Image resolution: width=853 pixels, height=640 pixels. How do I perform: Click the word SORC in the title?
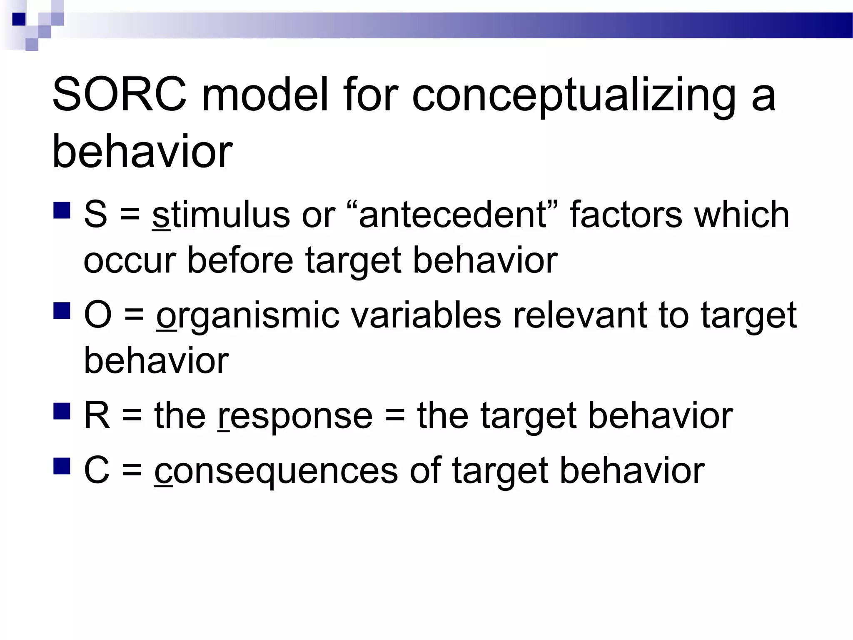120,95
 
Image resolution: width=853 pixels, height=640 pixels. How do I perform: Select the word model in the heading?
265,95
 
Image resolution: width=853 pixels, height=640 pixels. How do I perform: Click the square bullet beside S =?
62,210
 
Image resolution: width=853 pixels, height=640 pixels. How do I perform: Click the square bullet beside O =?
62,310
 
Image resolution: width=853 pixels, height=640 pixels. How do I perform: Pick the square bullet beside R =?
62,411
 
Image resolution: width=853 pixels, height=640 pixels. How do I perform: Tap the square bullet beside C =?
62,466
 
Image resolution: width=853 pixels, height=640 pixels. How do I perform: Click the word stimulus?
221,215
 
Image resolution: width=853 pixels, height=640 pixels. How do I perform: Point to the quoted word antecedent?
452,215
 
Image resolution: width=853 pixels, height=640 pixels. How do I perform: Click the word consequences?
276,471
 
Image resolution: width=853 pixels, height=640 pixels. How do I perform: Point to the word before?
240,260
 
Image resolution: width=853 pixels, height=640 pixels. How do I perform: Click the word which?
741,215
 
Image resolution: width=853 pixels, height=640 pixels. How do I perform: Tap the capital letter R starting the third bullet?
97,415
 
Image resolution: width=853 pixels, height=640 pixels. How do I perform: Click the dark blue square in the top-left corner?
19,19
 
